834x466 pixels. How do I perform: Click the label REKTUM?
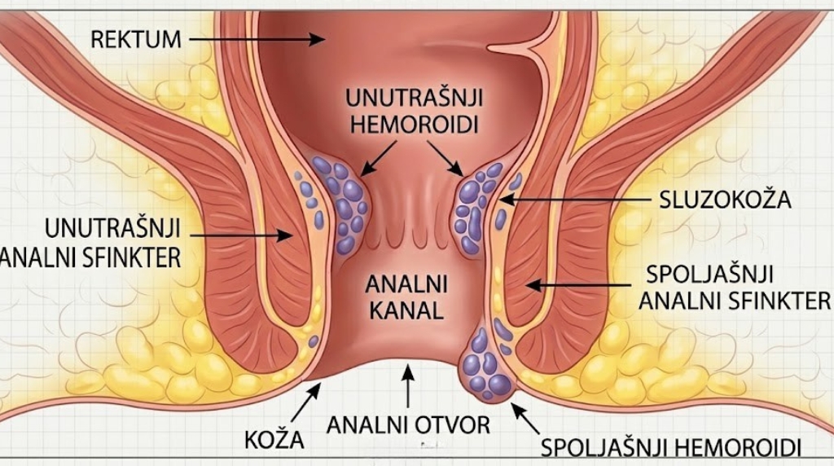click(136, 39)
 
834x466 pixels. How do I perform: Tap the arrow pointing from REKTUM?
click(257, 39)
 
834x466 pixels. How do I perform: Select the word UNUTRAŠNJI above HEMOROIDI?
click(415, 98)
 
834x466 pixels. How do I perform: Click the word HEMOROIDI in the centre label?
click(415, 125)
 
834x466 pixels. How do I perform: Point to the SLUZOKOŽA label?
click(725, 200)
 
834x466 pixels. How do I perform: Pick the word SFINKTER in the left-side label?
click(134, 258)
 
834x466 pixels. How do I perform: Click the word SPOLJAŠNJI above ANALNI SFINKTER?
click(709, 275)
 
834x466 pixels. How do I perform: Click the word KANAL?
click(406, 310)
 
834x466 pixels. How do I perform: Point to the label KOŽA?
click(274, 440)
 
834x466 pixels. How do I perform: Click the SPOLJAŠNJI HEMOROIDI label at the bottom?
click(671, 447)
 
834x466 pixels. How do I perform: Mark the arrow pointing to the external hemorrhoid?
click(525, 418)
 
